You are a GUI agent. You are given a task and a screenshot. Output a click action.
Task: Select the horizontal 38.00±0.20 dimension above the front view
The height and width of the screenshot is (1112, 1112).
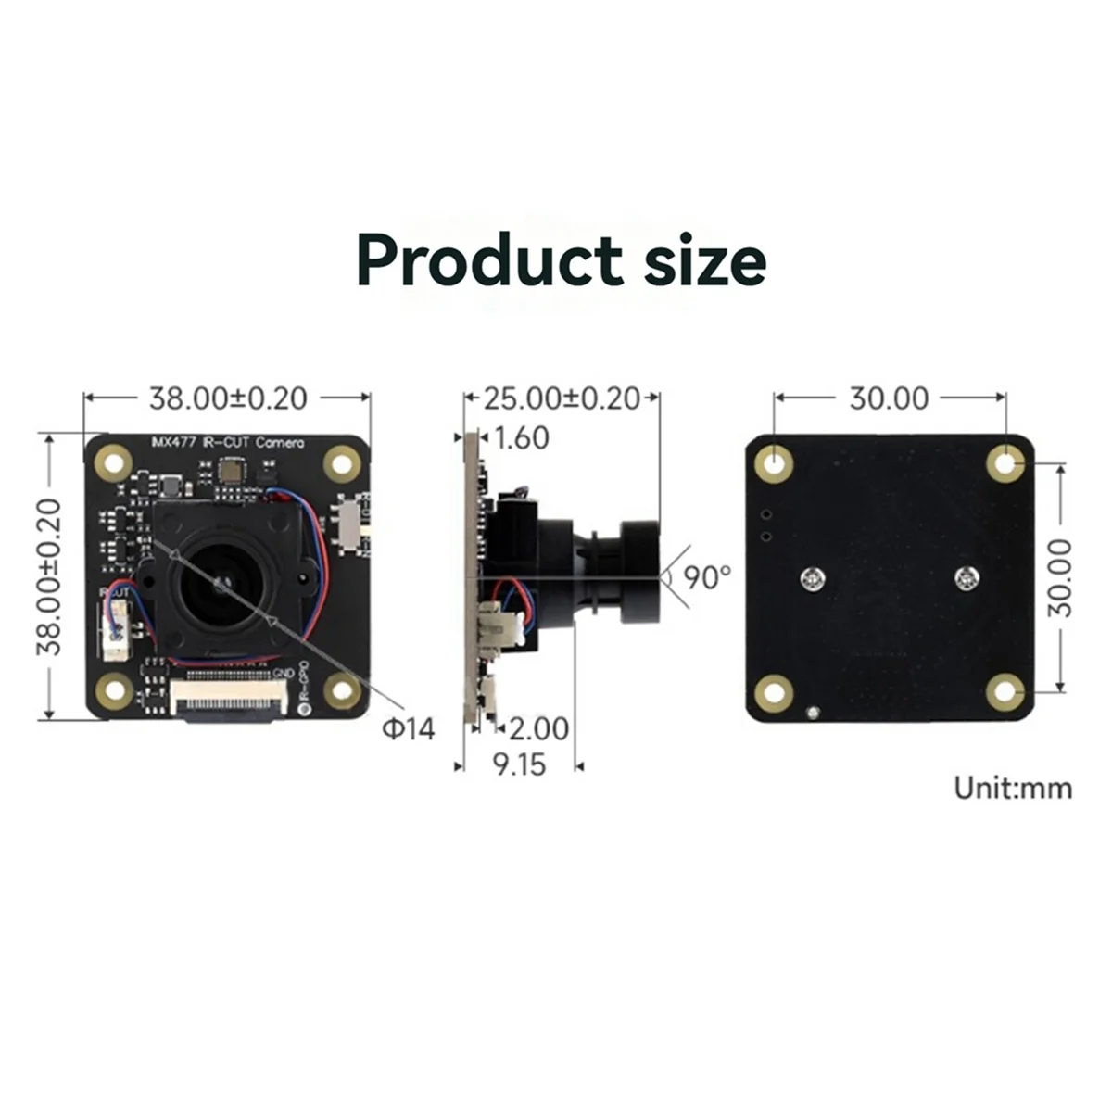coord(228,398)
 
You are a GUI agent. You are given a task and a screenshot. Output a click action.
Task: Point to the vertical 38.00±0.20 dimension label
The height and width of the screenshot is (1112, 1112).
coord(49,576)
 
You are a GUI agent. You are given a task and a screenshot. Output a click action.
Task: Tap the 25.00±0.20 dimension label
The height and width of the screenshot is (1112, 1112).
coord(562,398)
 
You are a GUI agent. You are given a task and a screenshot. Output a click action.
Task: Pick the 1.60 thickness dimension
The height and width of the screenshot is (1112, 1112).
coord(522,437)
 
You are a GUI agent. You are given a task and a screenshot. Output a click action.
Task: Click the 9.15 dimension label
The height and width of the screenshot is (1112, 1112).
coord(519,765)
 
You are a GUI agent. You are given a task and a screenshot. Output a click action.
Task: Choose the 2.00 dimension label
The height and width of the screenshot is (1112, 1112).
coord(538,728)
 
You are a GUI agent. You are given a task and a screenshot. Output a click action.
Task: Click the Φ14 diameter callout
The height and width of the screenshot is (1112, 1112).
coord(408,729)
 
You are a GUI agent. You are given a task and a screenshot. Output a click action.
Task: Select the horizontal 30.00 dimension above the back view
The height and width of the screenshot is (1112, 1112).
coord(889,398)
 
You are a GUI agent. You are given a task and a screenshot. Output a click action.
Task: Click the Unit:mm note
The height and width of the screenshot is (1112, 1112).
coord(1013,789)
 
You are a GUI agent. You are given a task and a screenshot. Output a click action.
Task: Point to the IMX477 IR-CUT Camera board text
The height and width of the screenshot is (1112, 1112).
coord(227,443)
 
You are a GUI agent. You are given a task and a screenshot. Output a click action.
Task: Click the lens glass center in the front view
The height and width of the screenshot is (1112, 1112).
coord(221,584)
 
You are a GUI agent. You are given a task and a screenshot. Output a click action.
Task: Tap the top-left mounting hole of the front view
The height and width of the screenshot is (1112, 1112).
coord(116,462)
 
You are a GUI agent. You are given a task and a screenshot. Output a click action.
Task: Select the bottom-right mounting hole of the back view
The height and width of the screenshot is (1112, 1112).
coord(1005,692)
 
